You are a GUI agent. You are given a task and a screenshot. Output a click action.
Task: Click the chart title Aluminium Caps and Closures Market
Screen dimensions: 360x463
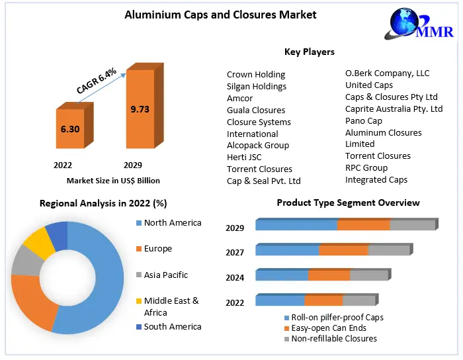click(220, 15)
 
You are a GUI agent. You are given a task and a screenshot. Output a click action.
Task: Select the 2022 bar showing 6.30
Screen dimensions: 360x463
click(70, 129)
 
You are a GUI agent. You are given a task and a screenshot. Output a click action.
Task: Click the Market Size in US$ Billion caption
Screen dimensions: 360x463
click(113, 180)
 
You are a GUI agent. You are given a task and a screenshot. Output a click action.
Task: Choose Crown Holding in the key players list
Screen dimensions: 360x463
click(256, 75)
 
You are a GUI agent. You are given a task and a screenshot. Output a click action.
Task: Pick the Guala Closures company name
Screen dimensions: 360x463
click(256, 110)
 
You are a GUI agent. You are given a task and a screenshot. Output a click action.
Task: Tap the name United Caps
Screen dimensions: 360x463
click(369, 85)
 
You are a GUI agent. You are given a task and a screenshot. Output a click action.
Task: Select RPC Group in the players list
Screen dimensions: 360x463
click(366, 167)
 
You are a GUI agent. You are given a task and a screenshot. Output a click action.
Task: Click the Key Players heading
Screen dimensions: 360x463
click(310, 52)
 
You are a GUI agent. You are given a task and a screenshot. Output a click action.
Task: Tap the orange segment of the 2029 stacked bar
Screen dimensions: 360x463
click(363, 225)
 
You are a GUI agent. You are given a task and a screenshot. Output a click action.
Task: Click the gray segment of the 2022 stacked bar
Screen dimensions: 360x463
click(359, 300)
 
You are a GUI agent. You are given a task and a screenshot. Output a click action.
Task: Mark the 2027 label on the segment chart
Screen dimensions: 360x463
click(235, 252)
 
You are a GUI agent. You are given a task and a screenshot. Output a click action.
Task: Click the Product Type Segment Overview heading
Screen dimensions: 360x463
click(348, 202)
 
